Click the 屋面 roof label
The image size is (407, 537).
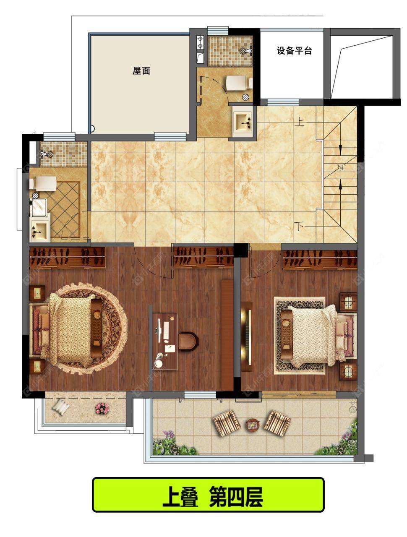point(141,71)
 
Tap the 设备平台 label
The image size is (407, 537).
point(294,51)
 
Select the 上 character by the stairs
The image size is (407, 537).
point(299,122)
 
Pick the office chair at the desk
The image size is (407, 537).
point(188,341)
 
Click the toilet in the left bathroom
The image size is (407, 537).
point(43,183)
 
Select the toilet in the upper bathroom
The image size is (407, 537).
point(240,83)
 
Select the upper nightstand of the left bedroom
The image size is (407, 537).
point(37,293)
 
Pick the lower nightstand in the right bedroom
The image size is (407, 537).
point(348,372)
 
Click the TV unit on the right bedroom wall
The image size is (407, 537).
point(247,337)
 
